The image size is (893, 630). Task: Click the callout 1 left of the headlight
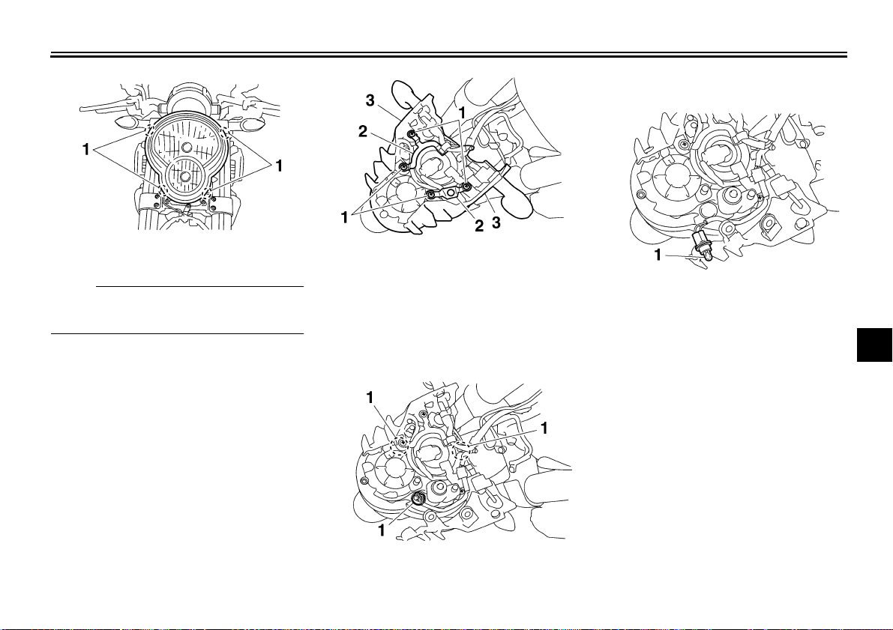pyautogui.click(x=86, y=150)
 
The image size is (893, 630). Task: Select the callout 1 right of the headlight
pyautogui.click(x=278, y=166)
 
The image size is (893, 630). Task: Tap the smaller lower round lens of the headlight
pyautogui.click(x=184, y=177)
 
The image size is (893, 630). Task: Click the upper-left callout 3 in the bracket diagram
pyautogui.click(x=370, y=100)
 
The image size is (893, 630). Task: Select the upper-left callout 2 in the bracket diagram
pyautogui.click(x=363, y=131)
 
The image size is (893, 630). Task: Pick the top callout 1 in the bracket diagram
pyautogui.click(x=463, y=113)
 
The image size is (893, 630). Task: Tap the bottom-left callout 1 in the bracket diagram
pyautogui.click(x=345, y=217)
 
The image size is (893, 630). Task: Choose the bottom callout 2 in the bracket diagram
pyautogui.click(x=479, y=226)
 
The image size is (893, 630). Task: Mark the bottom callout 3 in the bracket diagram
pyautogui.click(x=496, y=223)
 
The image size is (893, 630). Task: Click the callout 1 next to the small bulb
pyautogui.click(x=658, y=255)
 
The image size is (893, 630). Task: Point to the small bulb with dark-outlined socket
pyautogui.click(x=700, y=243)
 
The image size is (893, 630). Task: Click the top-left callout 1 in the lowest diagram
pyautogui.click(x=370, y=397)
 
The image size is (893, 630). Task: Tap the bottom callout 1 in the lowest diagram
pyautogui.click(x=382, y=530)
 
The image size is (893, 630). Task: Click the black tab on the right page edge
pyautogui.click(x=875, y=344)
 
